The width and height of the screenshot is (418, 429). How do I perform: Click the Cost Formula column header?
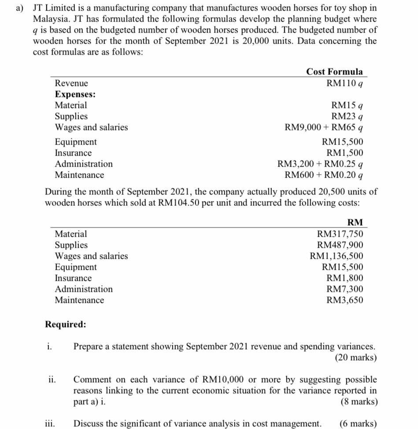click(x=334, y=72)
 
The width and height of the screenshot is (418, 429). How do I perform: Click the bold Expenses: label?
click(x=75, y=94)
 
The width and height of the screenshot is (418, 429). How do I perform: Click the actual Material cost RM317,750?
click(x=340, y=234)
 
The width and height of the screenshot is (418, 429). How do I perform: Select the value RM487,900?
click(x=340, y=245)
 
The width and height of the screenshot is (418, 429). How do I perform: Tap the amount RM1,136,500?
click(x=337, y=256)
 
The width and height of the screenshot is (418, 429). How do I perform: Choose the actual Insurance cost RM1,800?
click(x=345, y=278)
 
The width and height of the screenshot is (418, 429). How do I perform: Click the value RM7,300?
click(x=345, y=289)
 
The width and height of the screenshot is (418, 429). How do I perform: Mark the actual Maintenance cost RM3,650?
click(x=345, y=300)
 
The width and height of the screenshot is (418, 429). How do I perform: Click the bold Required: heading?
click(x=66, y=325)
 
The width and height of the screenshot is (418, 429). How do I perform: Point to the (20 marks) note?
click(x=355, y=358)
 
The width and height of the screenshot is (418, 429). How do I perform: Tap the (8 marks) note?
click(x=359, y=402)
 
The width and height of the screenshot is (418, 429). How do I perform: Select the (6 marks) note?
click(x=358, y=424)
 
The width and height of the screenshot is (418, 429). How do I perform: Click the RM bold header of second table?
click(x=355, y=223)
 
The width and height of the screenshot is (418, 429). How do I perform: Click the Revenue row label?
click(x=71, y=83)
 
